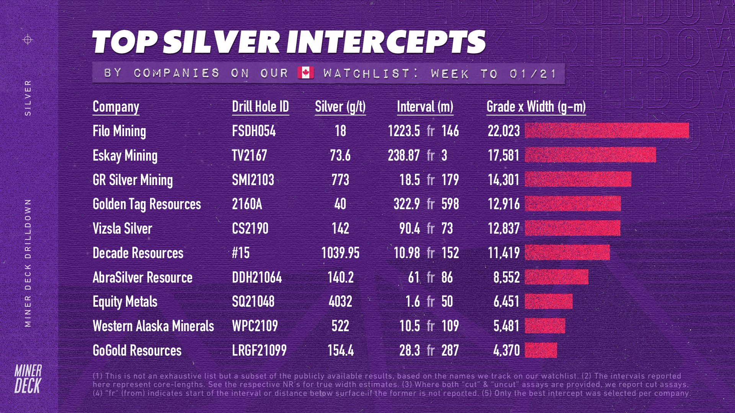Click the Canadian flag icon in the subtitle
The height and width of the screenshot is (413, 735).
pos(305,73)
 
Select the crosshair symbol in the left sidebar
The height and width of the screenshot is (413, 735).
pos(28,39)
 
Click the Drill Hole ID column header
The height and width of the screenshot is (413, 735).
pos(260,107)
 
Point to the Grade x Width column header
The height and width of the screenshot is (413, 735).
pos(536,107)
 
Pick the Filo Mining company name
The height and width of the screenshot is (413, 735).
pos(119,131)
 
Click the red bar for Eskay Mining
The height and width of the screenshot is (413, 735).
pos(590,155)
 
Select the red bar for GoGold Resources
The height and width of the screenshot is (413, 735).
pos(541,350)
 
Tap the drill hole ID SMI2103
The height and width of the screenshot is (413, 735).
pos(253,180)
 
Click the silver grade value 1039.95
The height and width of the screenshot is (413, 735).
pos(340,253)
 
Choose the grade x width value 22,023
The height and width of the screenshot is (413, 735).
pos(503,131)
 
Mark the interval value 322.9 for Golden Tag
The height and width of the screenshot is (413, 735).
pos(407,204)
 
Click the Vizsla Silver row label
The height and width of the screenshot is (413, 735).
pos(122,229)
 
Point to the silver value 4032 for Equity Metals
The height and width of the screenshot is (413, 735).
pos(340,302)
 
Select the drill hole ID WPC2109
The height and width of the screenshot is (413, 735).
pos(255,326)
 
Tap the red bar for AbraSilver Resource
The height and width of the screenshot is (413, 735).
pos(556,277)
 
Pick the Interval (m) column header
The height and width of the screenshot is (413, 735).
pos(425,107)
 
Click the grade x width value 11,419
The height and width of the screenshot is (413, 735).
pos(503,253)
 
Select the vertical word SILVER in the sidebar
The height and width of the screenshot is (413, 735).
pos(28,98)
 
